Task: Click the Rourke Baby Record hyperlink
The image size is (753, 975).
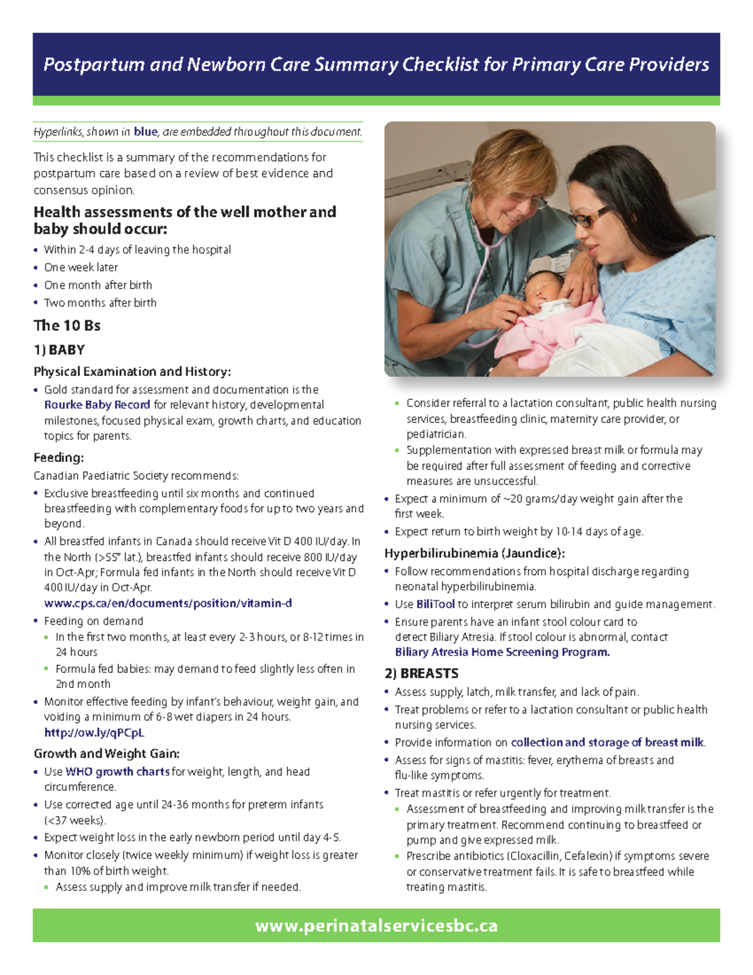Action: point(97,405)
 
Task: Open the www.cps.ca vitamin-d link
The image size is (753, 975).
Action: point(168,603)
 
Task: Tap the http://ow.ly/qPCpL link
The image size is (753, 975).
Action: point(94,733)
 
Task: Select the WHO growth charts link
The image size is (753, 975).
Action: point(117,772)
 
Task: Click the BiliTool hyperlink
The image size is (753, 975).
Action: point(435,605)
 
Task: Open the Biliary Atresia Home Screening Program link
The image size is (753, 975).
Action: point(502,652)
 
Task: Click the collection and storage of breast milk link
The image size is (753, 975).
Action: point(607,743)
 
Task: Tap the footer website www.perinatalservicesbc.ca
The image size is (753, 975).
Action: point(376,926)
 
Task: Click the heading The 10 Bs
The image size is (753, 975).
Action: point(67,325)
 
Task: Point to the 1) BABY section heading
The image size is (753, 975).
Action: point(59,350)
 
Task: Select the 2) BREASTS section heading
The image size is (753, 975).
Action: point(421,674)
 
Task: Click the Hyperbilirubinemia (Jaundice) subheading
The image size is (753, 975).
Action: point(474,553)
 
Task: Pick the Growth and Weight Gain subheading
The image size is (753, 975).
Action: point(107,753)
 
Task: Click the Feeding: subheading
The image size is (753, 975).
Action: point(58,458)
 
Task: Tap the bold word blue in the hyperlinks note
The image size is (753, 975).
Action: point(146,132)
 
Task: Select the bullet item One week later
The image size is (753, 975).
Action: point(81,267)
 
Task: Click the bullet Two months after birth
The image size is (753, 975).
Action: point(100,303)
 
